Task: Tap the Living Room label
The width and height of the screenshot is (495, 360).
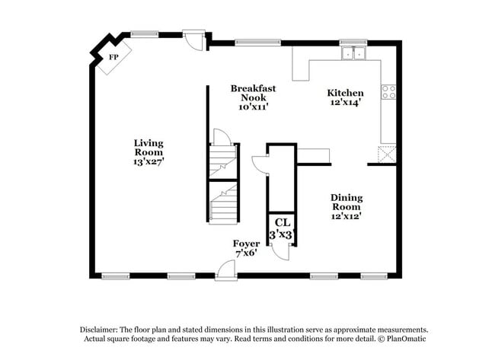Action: click(148, 147)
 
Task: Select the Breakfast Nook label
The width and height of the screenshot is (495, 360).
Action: click(253, 93)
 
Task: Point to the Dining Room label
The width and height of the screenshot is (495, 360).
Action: click(346, 202)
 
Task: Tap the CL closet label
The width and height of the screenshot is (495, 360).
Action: click(282, 222)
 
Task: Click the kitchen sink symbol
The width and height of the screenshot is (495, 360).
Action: click(353, 53)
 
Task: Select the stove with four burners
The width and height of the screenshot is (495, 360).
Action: click(388, 92)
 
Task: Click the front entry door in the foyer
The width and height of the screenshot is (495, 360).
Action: click(225, 269)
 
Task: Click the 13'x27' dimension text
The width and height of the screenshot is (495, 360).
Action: click(148, 161)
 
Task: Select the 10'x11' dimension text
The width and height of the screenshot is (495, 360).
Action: click(253, 107)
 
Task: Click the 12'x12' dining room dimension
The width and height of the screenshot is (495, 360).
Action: click(346, 216)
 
